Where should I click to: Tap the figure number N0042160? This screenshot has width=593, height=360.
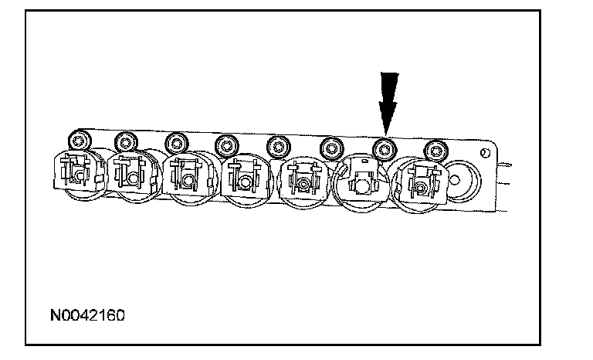tap(88, 316)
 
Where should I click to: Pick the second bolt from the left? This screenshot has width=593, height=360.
tap(126, 142)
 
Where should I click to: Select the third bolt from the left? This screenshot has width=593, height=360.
tap(177, 141)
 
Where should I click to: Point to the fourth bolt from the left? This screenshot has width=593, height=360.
tap(225, 144)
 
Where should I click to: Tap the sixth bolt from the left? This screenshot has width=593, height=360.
tap(330, 145)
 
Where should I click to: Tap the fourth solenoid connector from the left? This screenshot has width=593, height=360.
tap(243, 182)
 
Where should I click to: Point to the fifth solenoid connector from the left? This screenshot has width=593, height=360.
tap(302, 183)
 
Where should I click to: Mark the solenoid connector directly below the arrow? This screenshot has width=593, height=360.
tap(358, 182)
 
